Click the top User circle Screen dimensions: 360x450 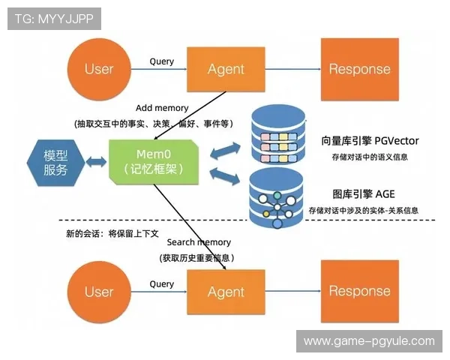98,69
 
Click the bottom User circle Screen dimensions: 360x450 98,292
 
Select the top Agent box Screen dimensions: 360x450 226,69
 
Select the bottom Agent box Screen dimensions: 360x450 226,292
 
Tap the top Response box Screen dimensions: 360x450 359,69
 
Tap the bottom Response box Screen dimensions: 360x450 359,292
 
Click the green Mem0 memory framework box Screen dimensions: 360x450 154,162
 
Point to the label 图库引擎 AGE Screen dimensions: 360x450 364,193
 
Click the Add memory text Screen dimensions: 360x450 162,108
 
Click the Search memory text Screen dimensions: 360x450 199,242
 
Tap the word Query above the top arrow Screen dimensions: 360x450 161,61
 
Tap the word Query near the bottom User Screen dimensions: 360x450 161,283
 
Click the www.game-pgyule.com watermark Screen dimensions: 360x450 368,341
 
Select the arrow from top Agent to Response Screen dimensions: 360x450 293,70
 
